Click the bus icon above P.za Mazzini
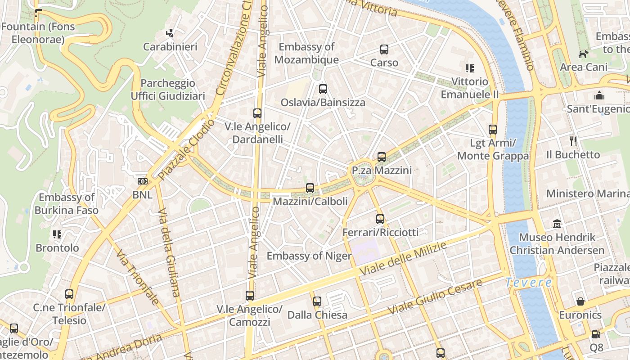382,157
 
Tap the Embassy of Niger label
309,256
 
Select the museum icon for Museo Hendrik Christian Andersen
557,224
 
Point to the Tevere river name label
528,283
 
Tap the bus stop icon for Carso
384,49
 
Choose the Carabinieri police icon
170,33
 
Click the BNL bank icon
142,181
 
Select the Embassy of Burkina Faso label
66,203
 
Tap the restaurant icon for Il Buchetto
573,141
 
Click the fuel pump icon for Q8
596,334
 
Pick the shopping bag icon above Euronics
580,301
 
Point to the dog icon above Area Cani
584,54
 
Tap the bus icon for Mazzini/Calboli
310,188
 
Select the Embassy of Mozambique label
306,53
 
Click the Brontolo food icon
57,234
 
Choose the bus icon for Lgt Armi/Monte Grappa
493,130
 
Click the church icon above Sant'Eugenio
599,95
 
